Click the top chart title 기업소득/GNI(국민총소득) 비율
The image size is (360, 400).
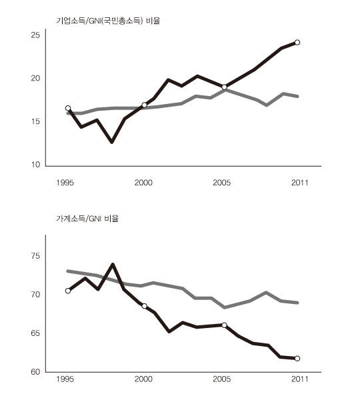108,21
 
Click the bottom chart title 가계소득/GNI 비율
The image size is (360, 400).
87,219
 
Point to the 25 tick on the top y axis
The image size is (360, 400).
35,35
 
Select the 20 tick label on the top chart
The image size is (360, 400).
35,78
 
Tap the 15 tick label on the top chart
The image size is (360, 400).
35,121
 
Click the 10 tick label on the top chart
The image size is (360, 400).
35,165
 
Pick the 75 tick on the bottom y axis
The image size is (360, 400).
35,256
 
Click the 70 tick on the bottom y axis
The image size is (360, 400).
35,295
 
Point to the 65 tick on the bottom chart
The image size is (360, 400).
35,333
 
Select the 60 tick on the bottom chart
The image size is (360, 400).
35,372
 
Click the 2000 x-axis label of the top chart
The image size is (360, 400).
143,183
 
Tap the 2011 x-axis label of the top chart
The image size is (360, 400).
299,183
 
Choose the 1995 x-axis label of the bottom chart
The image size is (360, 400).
65,379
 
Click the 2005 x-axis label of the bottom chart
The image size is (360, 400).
222,379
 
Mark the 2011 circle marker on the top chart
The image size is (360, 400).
297,43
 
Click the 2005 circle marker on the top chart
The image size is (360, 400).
224,87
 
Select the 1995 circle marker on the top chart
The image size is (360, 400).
68,108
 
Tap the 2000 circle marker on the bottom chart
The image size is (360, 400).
144,306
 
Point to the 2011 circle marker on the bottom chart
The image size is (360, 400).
297,359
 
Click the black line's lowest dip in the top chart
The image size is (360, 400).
112,142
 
